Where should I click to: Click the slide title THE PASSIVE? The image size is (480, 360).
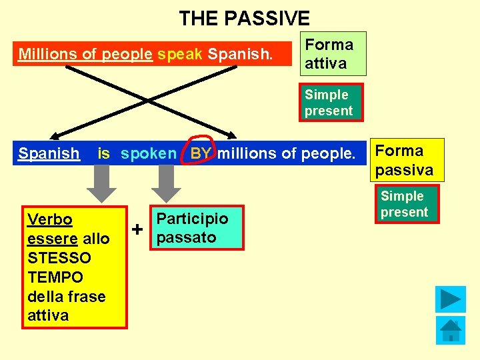244,18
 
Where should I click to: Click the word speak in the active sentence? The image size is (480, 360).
180,54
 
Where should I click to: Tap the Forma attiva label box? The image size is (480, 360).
331,54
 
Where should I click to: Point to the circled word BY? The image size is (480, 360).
201,153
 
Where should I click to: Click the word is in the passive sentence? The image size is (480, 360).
103,153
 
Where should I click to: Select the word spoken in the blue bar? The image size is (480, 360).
148,153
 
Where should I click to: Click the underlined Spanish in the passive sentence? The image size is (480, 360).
49,153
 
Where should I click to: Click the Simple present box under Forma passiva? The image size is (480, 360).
404,204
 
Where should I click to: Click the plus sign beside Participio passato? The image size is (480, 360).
137,230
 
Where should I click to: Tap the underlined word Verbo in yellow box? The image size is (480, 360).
50,220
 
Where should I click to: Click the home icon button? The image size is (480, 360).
450,330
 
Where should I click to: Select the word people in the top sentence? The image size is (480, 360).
127,54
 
